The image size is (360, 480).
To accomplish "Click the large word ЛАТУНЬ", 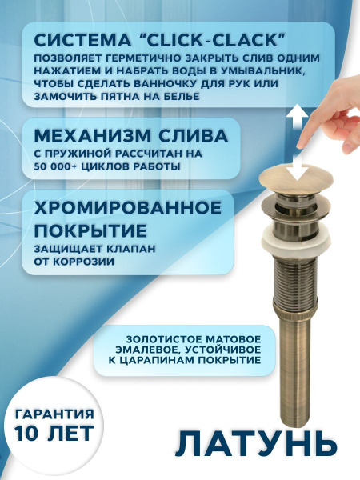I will click(251, 442).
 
